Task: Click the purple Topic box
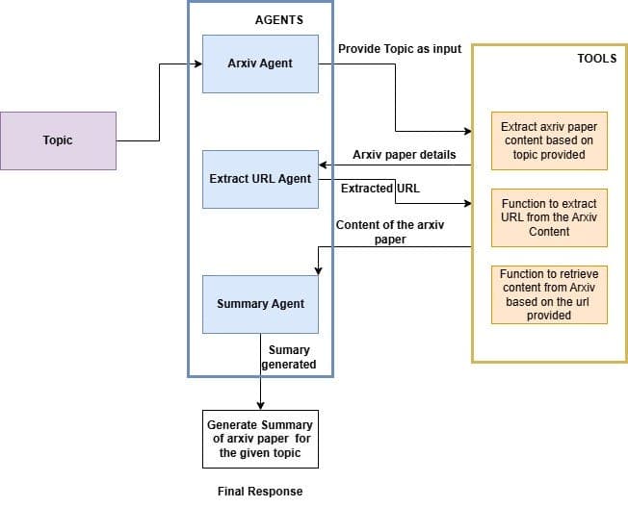(x=58, y=140)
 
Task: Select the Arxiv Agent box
(x=260, y=63)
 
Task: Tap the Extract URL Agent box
(x=260, y=179)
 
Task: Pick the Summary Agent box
(x=260, y=304)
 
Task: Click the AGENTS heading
(x=278, y=20)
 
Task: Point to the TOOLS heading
(x=596, y=59)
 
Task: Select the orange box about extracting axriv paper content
(x=549, y=140)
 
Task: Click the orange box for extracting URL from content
(x=549, y=217)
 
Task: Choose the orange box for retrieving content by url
(x=549, y=294)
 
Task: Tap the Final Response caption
(x=260, y=492)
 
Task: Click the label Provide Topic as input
(x=400, y=49)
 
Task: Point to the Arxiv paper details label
(x=405, y=154)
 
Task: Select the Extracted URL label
(x=380, y=189)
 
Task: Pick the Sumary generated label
(x=290, y=357)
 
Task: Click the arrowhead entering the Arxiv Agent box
(x=197, y=64)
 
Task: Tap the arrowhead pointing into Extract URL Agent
(x=324, y=165)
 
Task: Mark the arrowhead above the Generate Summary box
(x=260, y=405)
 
